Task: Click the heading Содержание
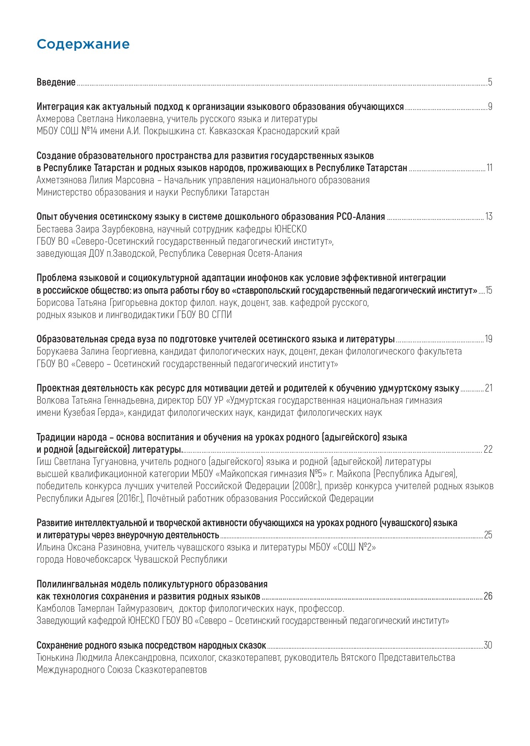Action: click(x=83, y=44)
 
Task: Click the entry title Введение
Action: click(x=56, y=82)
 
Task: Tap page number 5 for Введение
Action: click(x=490, y=82)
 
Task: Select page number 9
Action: click(x=490, y=107)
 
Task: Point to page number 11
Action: click(x=489, y=168)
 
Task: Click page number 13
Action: click(x=489, y=217)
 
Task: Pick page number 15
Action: click(x=489, y=290)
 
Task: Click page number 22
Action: click(x=488, y=449)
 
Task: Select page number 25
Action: click(x=488, y=535)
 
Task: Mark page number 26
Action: click(x=488, y=596)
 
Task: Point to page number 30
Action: click(x=488, y=645)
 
